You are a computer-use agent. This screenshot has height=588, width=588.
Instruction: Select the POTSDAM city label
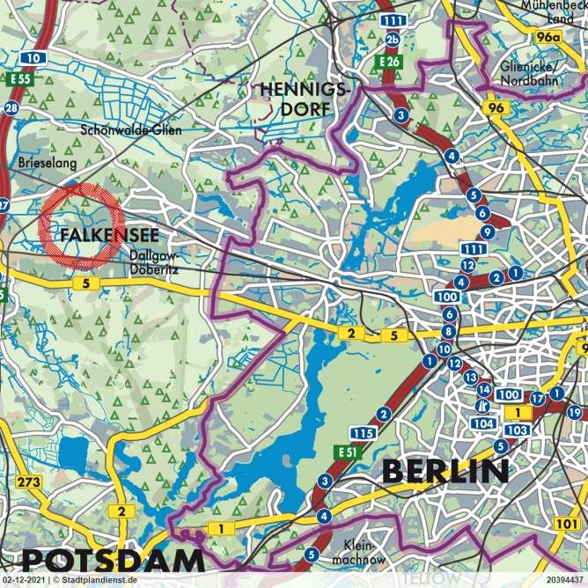click(x=112, y=560)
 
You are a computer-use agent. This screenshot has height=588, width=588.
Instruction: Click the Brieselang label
click(x=48, y=163)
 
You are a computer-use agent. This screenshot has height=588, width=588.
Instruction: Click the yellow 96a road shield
click(x=548, y=37)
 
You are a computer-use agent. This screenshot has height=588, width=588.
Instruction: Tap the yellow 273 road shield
click(x=29, y=481)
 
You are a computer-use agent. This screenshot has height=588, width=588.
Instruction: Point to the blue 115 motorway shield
click(x=363, y=433)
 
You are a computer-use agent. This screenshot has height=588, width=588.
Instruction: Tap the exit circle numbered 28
click(x=11, y=108)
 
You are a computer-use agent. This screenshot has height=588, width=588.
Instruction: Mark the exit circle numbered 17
click(x=538, y=396)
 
